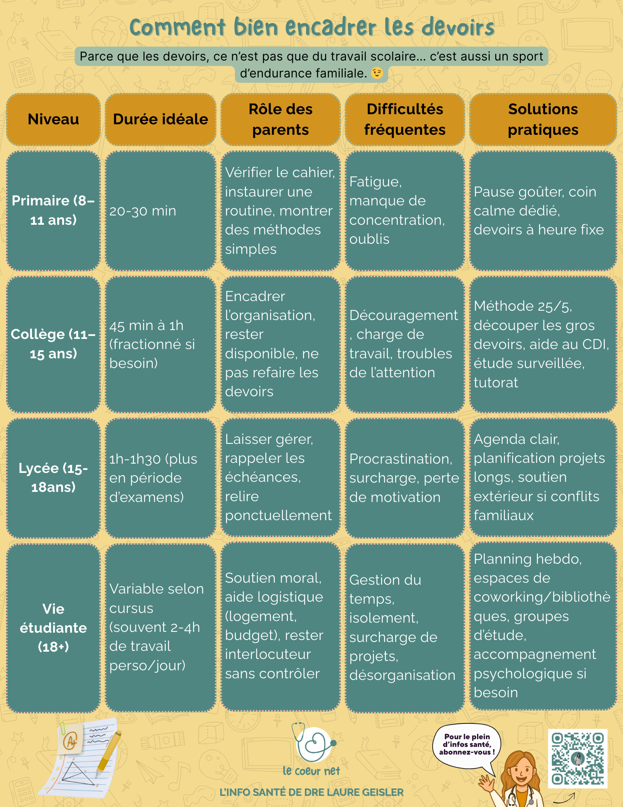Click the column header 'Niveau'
[53, 119]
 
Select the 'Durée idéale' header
[160, 119]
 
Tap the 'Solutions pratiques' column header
[543, 119]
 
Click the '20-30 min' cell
[160, 211]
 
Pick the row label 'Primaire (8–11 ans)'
[53, 211]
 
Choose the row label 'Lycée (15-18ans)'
[53, 478]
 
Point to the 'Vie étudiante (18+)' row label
[53, 628]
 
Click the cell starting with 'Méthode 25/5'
[543, 344]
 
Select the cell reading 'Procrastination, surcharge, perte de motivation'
[404, 478]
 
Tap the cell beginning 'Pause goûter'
[543, 211]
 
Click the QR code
[577, 759]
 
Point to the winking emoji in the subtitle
[377, 73]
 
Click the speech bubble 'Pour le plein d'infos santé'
[467, 745]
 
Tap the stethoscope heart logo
[315, 744]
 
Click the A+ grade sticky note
[71, 740]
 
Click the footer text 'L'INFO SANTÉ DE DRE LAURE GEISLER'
[311, 792]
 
